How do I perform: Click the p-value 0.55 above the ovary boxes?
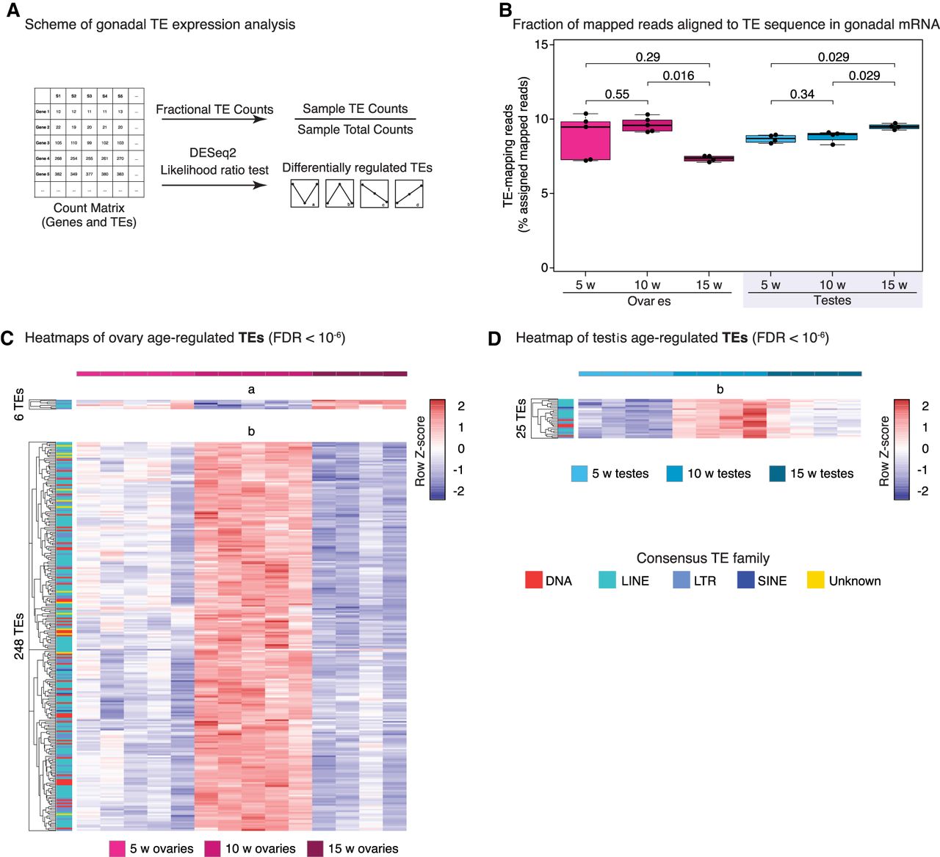[617, 94]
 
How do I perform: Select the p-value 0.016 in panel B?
[678, 76]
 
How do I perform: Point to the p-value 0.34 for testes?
[802, 94]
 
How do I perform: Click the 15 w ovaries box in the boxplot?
[709, 158]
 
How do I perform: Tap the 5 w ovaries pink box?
[585, 140]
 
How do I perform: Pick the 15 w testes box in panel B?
[894, 127]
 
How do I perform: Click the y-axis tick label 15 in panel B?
[541, 45]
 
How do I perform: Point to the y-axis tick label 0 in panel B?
[544, 268]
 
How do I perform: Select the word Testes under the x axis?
[832, 300]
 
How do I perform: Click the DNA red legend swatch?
[534, 580]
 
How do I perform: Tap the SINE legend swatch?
[745, 580]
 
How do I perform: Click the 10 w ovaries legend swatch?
[213, 848]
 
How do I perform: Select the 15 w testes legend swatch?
[777, 473]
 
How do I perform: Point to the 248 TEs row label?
[19, 635]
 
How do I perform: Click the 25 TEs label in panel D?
[521, 419]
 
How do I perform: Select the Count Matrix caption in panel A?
[89, 208]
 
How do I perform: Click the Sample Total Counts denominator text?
[355, 129]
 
